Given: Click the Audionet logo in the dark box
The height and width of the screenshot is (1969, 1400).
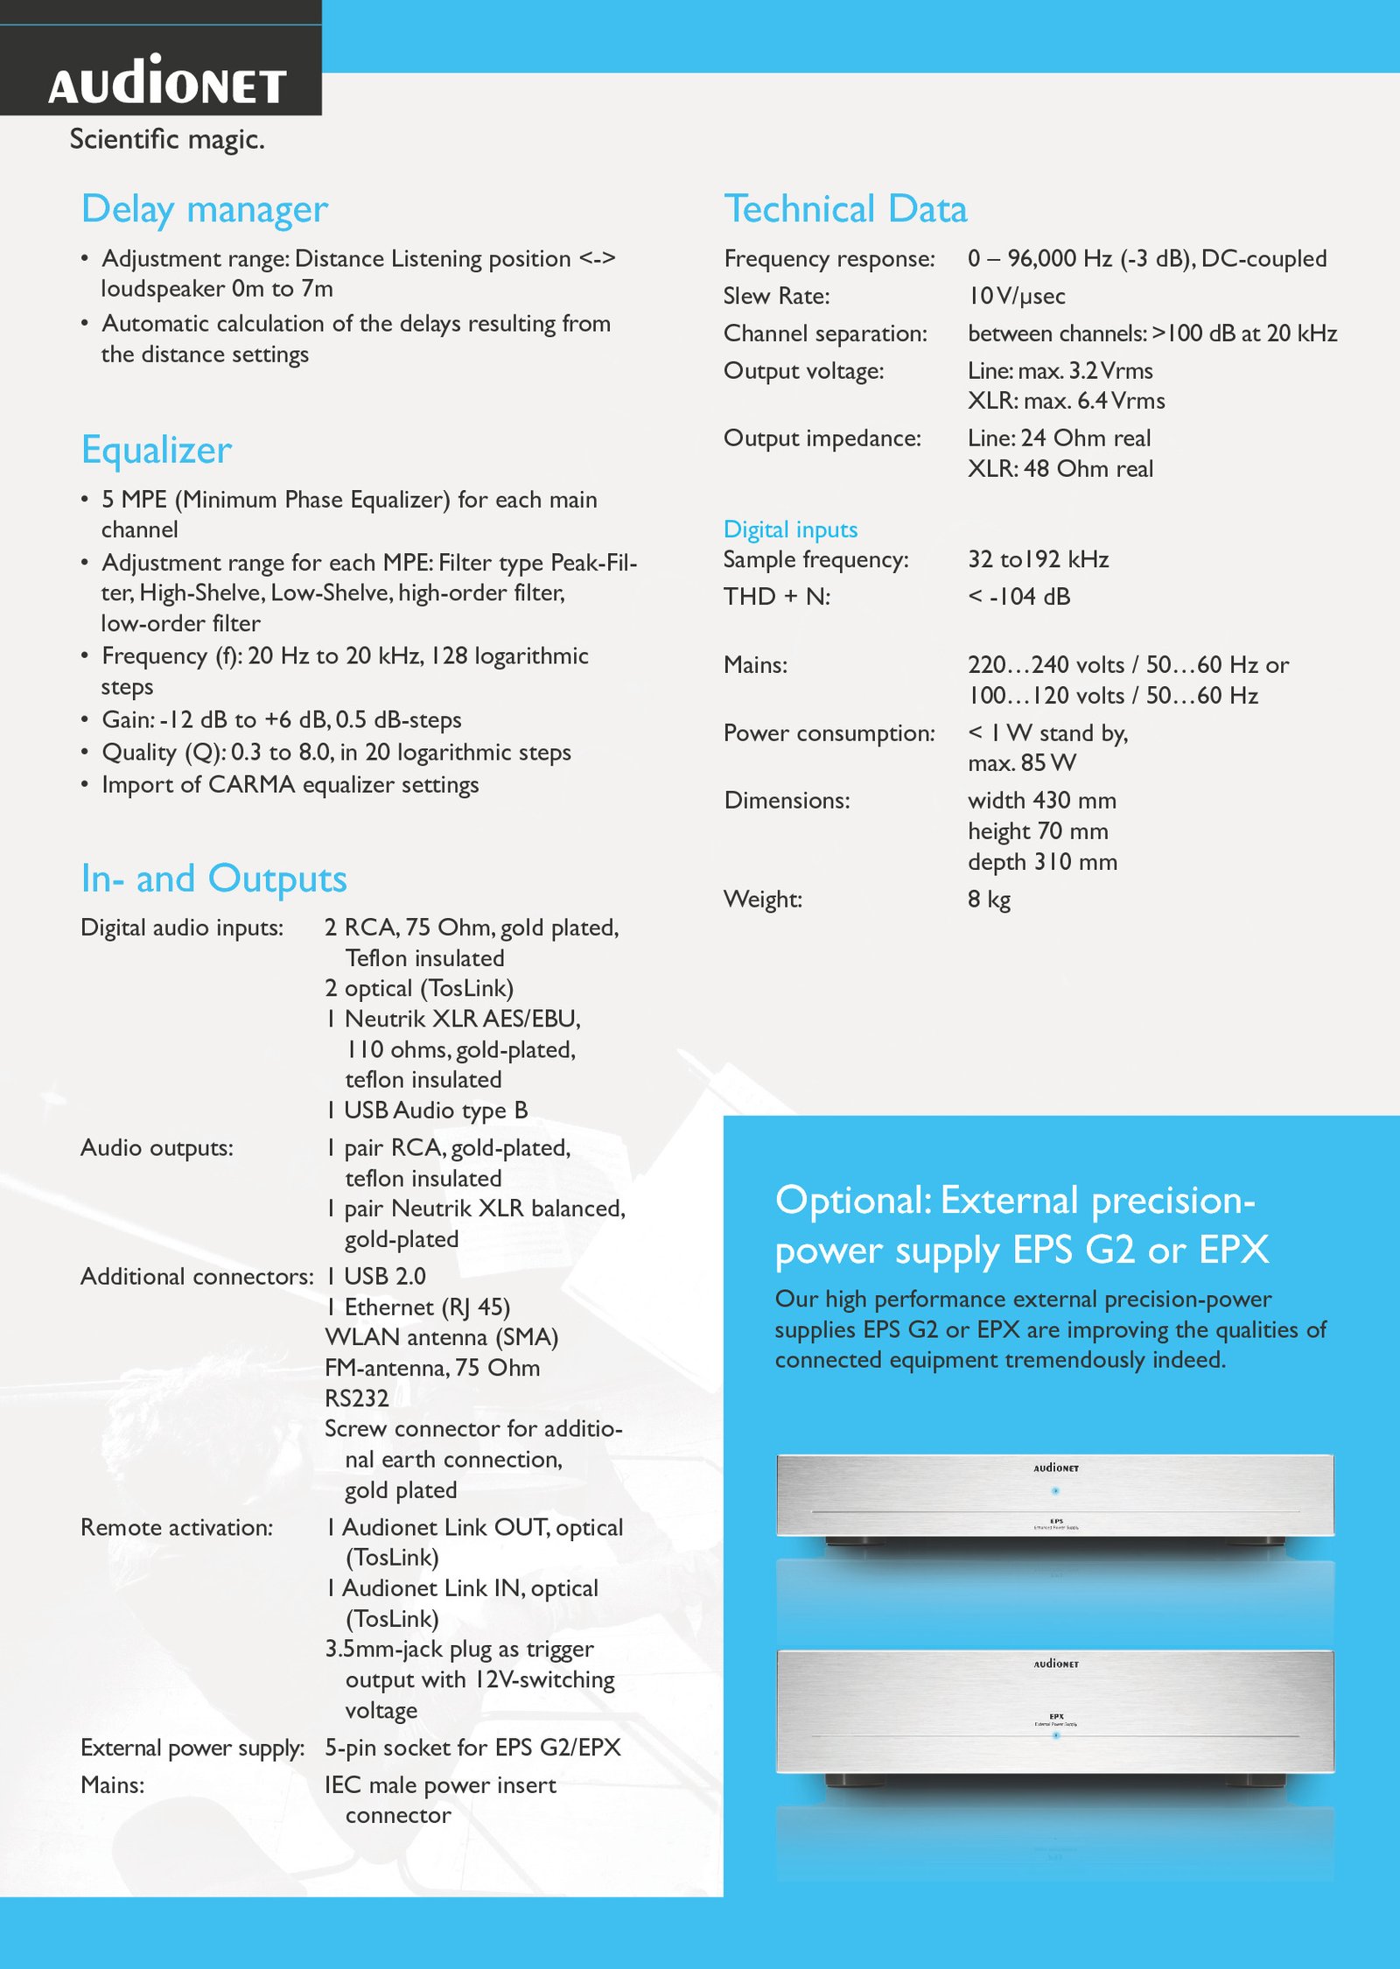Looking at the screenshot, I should (167, 82).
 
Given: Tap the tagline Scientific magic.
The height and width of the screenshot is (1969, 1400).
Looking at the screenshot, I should (167, 139).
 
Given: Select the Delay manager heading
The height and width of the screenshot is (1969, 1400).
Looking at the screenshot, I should (205, 210).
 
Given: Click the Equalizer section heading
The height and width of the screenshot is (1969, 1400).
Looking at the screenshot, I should (157, 450).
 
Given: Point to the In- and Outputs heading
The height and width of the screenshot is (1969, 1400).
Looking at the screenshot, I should (213, 879).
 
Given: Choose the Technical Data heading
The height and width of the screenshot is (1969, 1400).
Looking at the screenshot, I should (845, 210).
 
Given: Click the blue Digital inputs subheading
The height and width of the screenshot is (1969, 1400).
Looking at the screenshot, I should (790, 529).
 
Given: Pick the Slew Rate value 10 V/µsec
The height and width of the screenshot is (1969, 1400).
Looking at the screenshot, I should (1016, 297).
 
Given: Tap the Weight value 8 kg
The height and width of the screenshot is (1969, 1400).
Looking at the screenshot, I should (989, 900).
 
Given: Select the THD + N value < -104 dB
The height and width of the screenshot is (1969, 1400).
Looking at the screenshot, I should (1018, 597).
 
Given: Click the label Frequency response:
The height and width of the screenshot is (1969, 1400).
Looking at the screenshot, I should (829, 259).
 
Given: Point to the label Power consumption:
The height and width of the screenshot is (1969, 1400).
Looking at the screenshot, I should (829, 733).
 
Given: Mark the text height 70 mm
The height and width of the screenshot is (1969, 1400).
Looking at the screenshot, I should (1038, 831).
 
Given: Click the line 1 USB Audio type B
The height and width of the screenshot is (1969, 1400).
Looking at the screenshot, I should (427, 1111).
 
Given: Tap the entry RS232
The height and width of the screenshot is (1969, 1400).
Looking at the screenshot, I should (357, 1398).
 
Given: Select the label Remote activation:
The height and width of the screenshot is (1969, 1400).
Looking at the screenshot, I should (177, 1528).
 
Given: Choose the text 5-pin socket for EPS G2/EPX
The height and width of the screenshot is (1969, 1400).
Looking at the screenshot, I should (472, 1748).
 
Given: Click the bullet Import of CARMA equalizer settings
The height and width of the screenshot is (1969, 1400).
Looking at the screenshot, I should (290, 785).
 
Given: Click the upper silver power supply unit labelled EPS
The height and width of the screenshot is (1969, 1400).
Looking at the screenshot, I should (1055, 1496).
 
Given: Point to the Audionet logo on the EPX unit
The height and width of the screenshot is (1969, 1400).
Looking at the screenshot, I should (1056, 1664).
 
